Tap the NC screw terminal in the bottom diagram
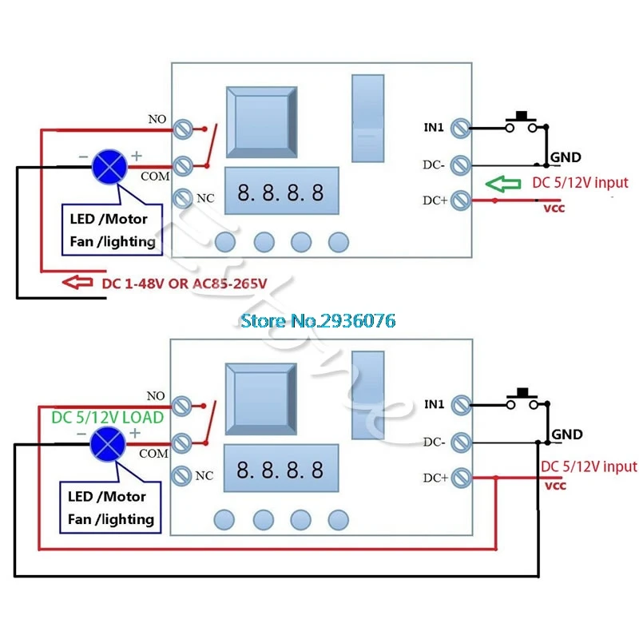coord(183,474)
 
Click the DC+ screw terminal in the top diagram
coord(460,200)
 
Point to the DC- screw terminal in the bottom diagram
coord(460,441)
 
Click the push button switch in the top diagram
coord(525,121)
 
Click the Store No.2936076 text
coord(318,320)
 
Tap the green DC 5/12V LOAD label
coord(107,418)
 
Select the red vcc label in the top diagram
coord(554,208)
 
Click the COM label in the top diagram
coord(155,175)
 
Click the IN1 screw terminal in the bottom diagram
coord(460,405)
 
